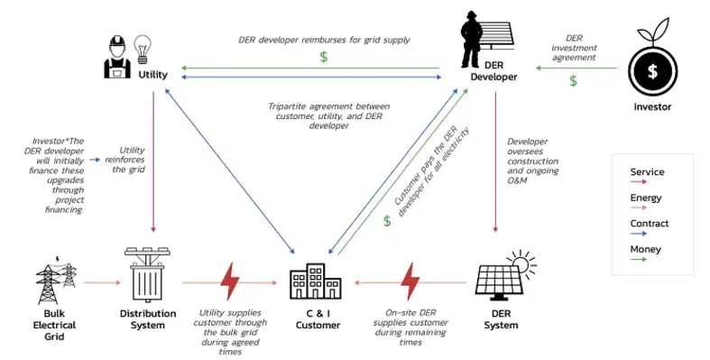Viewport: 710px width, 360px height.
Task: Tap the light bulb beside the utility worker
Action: [143, 45]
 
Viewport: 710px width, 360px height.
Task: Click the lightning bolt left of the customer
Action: [230, 281]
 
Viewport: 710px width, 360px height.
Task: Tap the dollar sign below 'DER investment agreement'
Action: [572, 81]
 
